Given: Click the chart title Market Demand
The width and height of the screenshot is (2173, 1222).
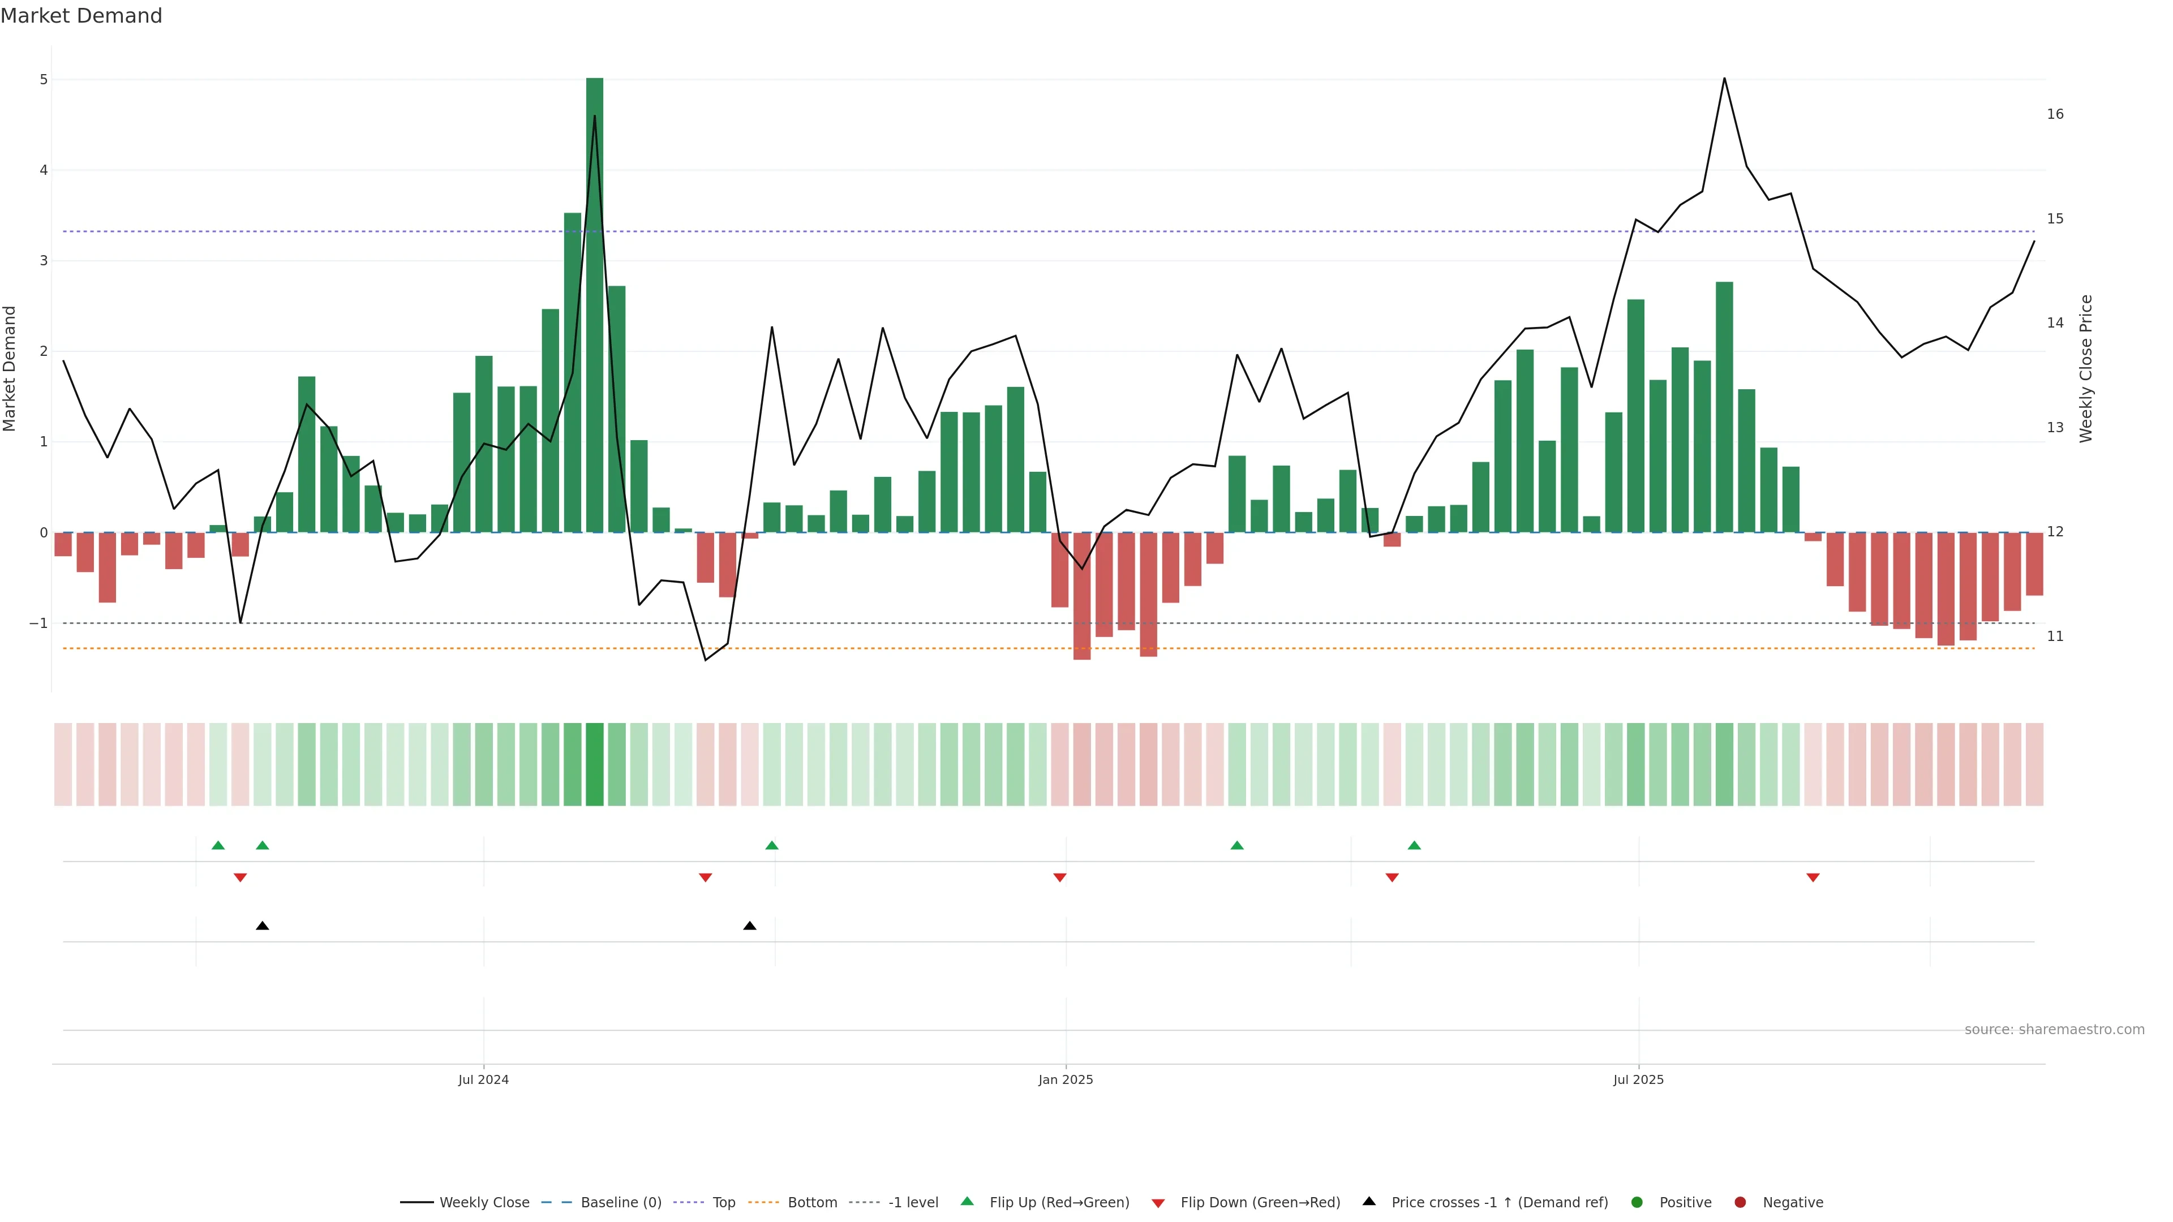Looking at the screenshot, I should pyautogui.click(x=81, y=16).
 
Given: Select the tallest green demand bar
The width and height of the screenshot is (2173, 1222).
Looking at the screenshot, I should pyautogui.click(x=595, y=304).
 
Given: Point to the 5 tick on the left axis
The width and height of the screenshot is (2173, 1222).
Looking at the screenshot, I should pyautogui.click(x=44, y=79).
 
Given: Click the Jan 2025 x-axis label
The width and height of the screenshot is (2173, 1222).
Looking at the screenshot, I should pyautogui.click(x=1066, y=1079).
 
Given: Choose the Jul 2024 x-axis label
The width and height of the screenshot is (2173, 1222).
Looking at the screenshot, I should pyautogui.click(x=483, y=1079).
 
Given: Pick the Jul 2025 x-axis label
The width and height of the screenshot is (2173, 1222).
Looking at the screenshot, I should pyautogui.click(x=1638, y=1079).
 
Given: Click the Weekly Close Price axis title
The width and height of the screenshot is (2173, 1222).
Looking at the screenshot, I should pyautogui.click(x=2086, y=368).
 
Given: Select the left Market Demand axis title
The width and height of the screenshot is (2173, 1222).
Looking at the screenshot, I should pyautogui.click(x=10, y=368).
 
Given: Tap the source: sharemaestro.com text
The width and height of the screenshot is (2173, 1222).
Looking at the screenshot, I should pyautogui.click(x=2054, y=1030).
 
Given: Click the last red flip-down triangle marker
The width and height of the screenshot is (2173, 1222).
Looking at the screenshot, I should pyautogui.click(x=1813, y=878).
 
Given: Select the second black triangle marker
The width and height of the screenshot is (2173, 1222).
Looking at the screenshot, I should pyautogui.click(x=750, y=926).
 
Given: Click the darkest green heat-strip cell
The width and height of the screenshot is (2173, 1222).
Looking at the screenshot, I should pyautogui.click(x=595, y=764).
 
